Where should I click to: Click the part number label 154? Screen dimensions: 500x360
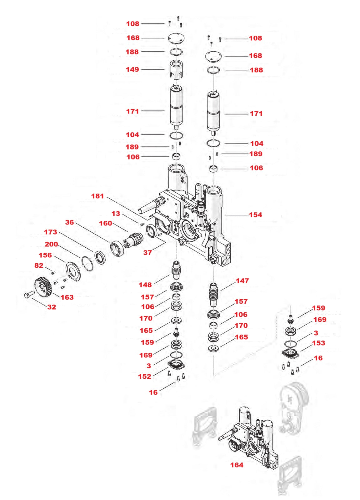tap(255, 215)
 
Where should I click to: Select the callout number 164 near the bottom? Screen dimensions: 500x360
tap(237, 465)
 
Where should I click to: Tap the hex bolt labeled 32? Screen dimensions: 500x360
tap(29, 295)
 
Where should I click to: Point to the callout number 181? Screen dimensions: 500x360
tap(97, 196)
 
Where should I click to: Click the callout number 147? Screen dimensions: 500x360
tap(242, 281)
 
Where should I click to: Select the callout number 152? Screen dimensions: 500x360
tap(145, 376)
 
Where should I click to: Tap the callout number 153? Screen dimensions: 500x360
tap(318, 343)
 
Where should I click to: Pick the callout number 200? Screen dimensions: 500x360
tap(51, 244)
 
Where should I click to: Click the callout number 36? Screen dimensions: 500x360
tap(69, 222)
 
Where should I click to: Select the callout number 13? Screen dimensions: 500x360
tap(116, 214)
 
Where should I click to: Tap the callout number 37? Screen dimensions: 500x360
tap(147, 252)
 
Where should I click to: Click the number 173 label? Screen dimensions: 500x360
tap(50, 232)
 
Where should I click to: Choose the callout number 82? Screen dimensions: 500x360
tap(39, 265)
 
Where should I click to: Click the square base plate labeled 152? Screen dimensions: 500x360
tap(177, 365)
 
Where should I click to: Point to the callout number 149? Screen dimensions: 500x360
tap(132, 69)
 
